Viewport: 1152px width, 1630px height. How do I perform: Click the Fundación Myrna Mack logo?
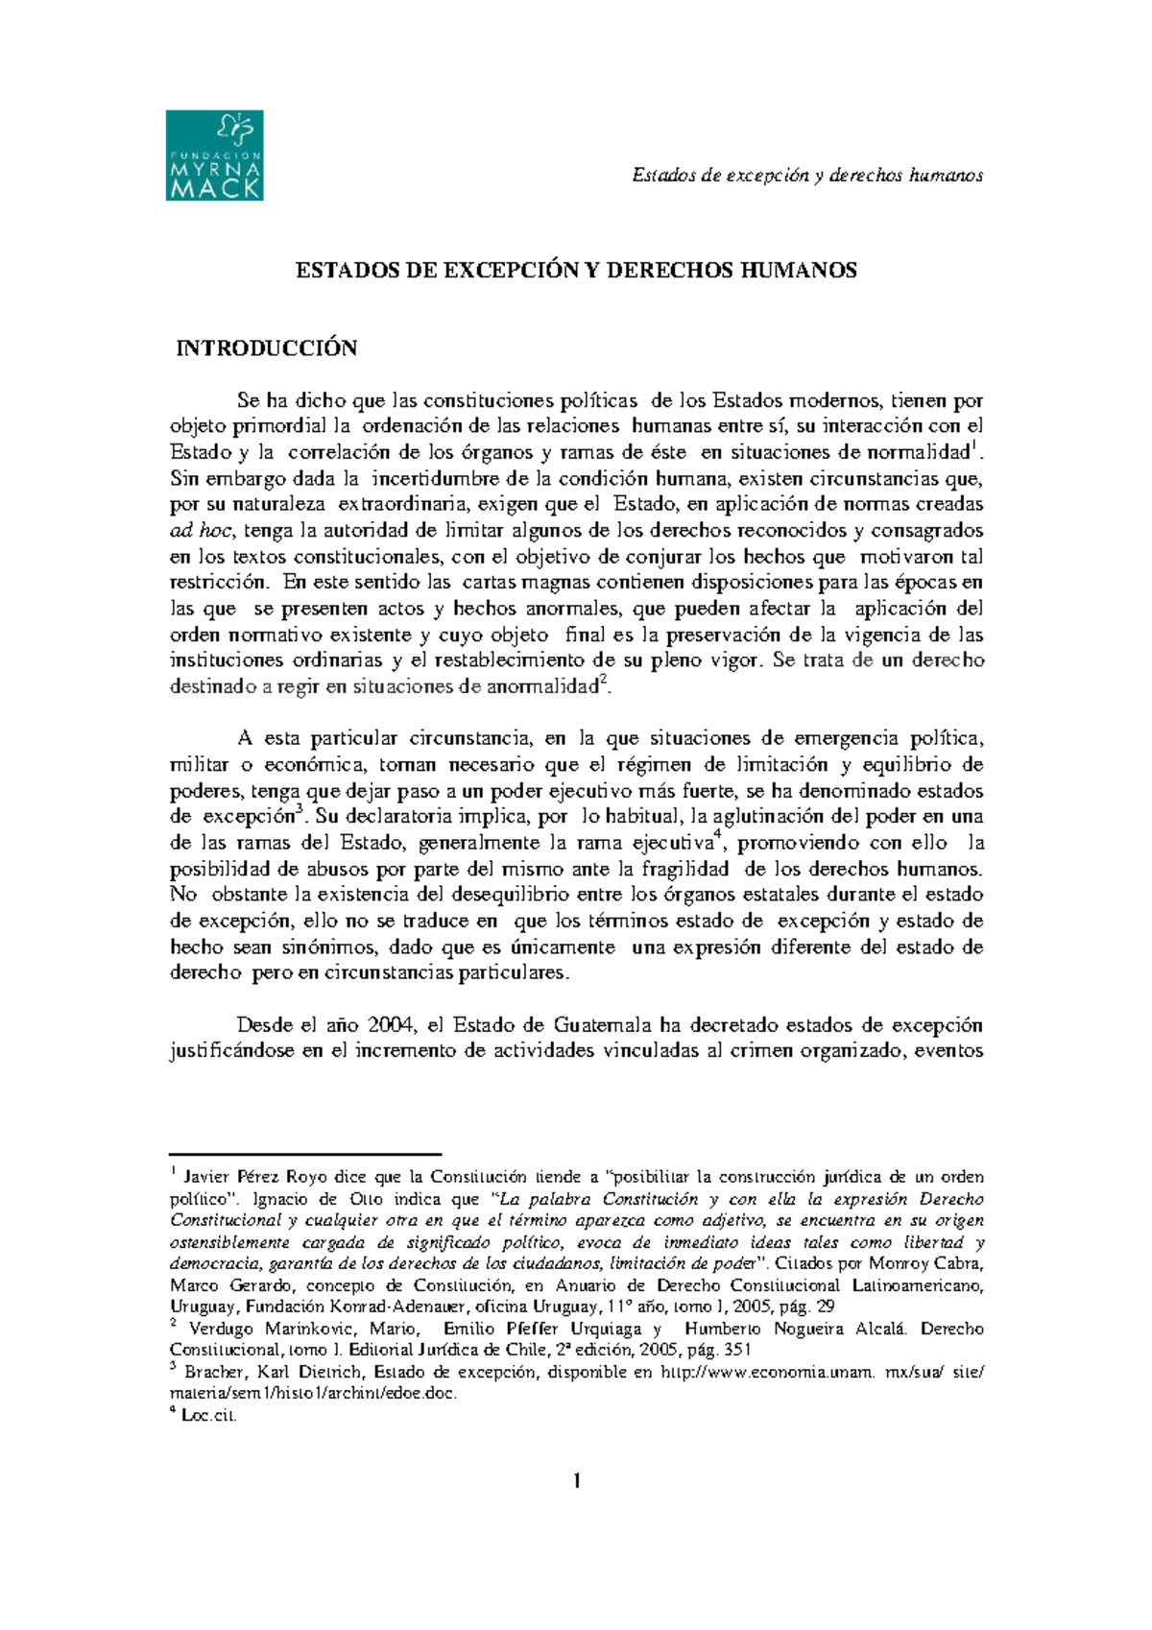(214, 155)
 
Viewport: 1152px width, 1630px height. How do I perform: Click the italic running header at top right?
(807, 175)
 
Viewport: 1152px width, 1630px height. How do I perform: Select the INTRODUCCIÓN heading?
(266, 348)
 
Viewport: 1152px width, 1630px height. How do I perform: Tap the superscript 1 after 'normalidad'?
(975, 445)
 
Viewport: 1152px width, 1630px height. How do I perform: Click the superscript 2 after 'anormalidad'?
(602, 680)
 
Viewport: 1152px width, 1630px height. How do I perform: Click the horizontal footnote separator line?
(304, 1153)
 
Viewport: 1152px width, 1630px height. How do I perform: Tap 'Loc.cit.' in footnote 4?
(208, 1416)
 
